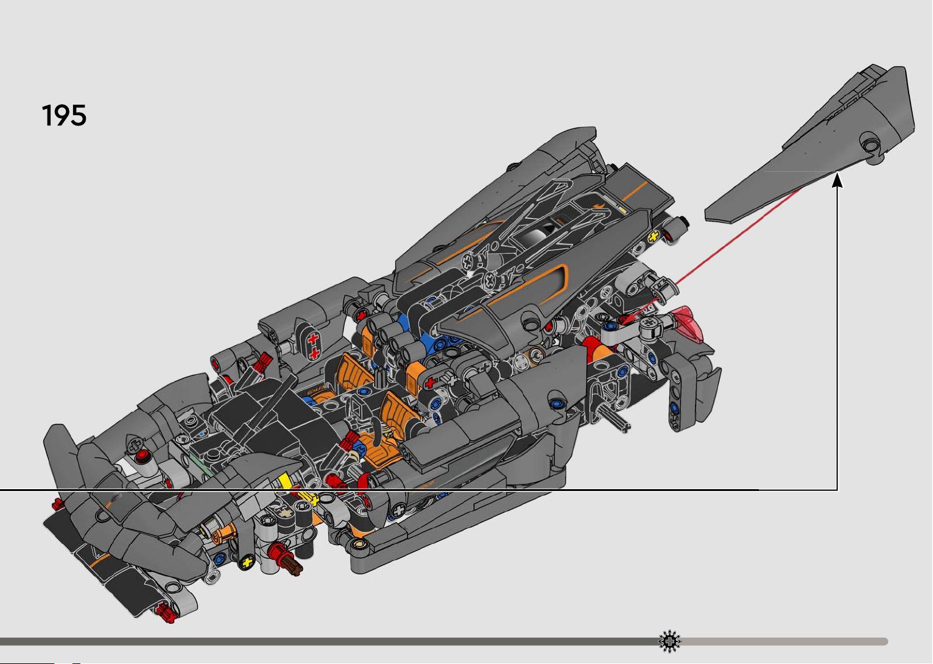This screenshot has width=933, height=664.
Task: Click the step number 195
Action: [x=64, y=115]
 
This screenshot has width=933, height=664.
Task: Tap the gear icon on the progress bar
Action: [x=669, y=641]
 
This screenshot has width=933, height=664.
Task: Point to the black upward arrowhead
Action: [x=837, y=181]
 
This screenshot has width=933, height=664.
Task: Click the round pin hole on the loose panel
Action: [x=870, y=144]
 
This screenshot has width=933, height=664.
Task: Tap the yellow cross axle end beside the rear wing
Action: [x=653, y=236]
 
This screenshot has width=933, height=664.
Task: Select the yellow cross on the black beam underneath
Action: [x=247, y=562]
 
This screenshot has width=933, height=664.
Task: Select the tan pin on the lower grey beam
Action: [x=359, y=543]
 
